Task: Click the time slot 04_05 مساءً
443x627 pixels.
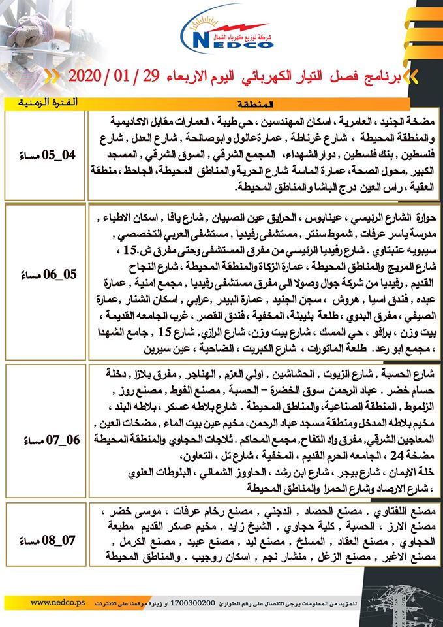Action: [x=45, y=155]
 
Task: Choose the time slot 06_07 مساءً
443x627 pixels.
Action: [x=45, y=440]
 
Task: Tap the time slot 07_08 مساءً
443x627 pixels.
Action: [x=45, y=539]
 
